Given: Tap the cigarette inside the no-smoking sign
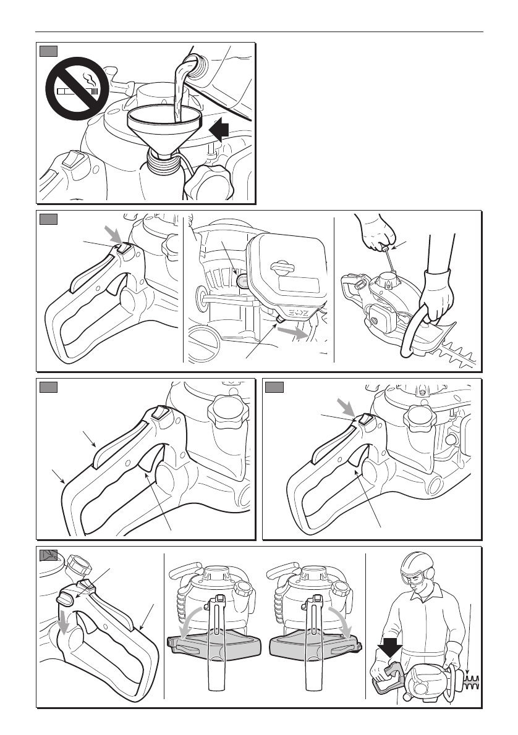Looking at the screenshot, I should (77, 92).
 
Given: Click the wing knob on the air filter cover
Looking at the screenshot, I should (282, 267).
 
